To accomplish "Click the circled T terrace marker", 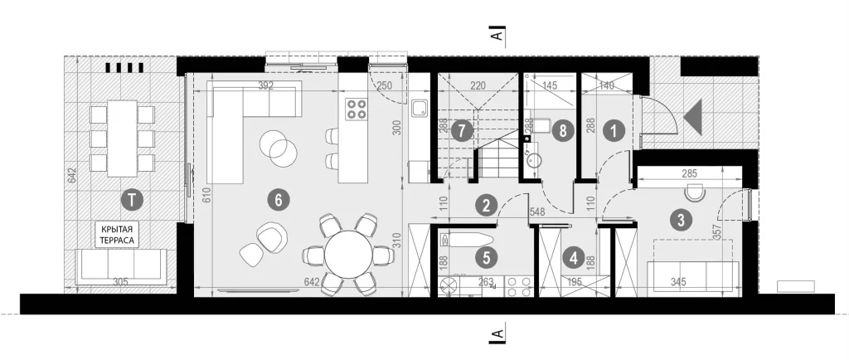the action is pos(132,200).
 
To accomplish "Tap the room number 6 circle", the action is pos(279,200).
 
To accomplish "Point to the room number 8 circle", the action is pos(563,131).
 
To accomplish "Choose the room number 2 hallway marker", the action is pos(486,205).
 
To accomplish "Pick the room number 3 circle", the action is pos(681,220).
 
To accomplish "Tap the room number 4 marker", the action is pos(574,259).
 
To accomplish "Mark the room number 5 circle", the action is pos(486,258).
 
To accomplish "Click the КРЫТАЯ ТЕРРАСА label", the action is pos(117,234).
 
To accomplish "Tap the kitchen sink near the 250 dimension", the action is pos(420,109).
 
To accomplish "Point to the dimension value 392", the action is pos(265,85).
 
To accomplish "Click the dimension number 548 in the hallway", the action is pos(537,212).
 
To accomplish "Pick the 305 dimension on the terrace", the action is pos(121,281).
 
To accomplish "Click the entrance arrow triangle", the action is pos(695,117).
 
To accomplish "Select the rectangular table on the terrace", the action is pos(123,138).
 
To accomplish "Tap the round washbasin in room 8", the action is pos(536,161).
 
